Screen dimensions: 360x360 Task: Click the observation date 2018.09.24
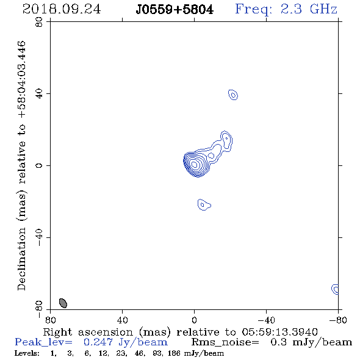tap(62, 9)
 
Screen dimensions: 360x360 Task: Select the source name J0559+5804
tap(175, 10)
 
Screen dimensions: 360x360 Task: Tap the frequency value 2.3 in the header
tap(291, 9)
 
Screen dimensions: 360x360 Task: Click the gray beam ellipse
tap(63, 303)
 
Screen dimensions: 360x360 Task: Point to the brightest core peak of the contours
tap(194, 164)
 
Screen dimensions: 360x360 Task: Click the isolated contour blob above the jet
tap(233, 95)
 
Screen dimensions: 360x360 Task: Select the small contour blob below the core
tap(204, 204)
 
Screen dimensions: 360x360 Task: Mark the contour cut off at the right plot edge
tap(336, 289)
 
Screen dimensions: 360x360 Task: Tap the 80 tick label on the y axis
tap(39, 22)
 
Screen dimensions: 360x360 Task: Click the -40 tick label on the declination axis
tap(39, 237)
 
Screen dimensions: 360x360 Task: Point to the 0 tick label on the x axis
tap(194, 320)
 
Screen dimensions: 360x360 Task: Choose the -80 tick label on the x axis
tap(338, 320)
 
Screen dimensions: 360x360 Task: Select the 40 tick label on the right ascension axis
tap(123, 320)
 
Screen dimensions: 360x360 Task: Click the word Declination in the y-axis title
tap(22, 259)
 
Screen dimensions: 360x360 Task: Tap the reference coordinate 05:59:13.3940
tap(279, 332)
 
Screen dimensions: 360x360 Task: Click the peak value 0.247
tap(98, 342)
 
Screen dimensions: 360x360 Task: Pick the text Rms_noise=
tap(225, 342)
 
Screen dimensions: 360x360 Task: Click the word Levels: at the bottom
tap(27, 353)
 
